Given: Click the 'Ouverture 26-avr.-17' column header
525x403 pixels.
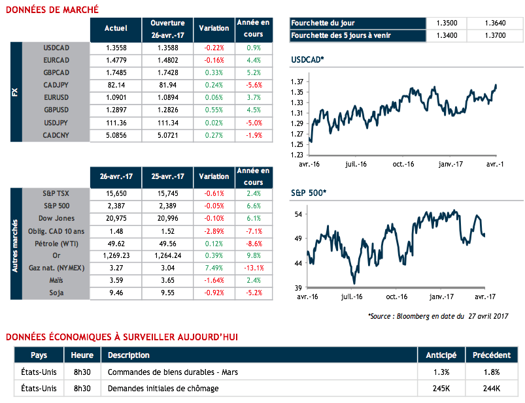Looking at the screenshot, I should tap(167, 28).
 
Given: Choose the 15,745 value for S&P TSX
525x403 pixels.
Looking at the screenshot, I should tap(167, 194).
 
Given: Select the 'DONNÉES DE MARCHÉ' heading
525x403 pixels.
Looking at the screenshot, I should tap(52, 9).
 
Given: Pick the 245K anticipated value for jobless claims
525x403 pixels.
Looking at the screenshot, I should tap(437, 388).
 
